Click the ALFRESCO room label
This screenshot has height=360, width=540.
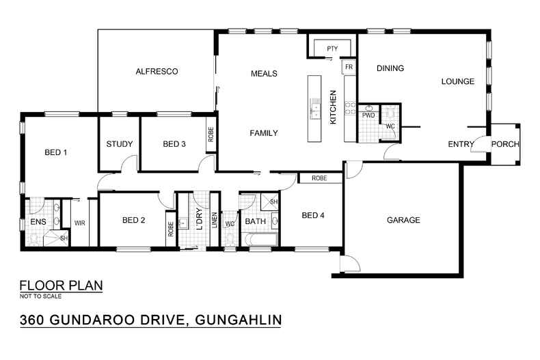[x=157, y=71]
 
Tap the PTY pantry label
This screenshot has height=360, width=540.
[x=332, y=49]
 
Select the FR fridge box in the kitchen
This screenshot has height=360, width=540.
[x=349, y=67]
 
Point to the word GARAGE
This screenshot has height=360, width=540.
[x=403, y=220]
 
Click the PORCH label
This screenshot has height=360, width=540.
[x=505, y=144]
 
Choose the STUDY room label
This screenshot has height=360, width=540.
[x=119, y=144]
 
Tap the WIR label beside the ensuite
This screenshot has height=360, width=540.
[x=79, y=223]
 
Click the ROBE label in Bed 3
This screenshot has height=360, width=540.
[x=211, y=135]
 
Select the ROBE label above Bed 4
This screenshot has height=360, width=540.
[x=319, y=178]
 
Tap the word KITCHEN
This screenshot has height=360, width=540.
[x=334, y=107]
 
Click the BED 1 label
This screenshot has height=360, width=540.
[x=55, y=152]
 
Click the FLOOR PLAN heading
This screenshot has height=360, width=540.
[x=61, y=285]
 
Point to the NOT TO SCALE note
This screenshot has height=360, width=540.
[x=40, y=296]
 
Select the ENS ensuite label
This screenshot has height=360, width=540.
[x=37, y=222]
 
